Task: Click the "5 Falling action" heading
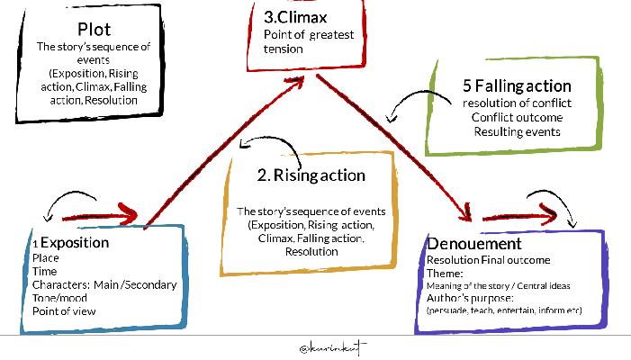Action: point(517,86)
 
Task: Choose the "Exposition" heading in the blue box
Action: point(76,243)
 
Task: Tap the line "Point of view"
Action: point(63,311)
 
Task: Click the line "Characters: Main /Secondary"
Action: point(104,284)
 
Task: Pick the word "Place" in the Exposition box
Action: point(46,258)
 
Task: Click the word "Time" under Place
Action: point(44,271)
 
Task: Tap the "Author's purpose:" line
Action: point(470,298)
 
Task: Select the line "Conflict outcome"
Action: point(517,118)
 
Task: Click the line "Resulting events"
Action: point(517,132)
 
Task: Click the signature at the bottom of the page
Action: point(333,346)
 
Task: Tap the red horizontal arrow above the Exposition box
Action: point(100,216)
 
